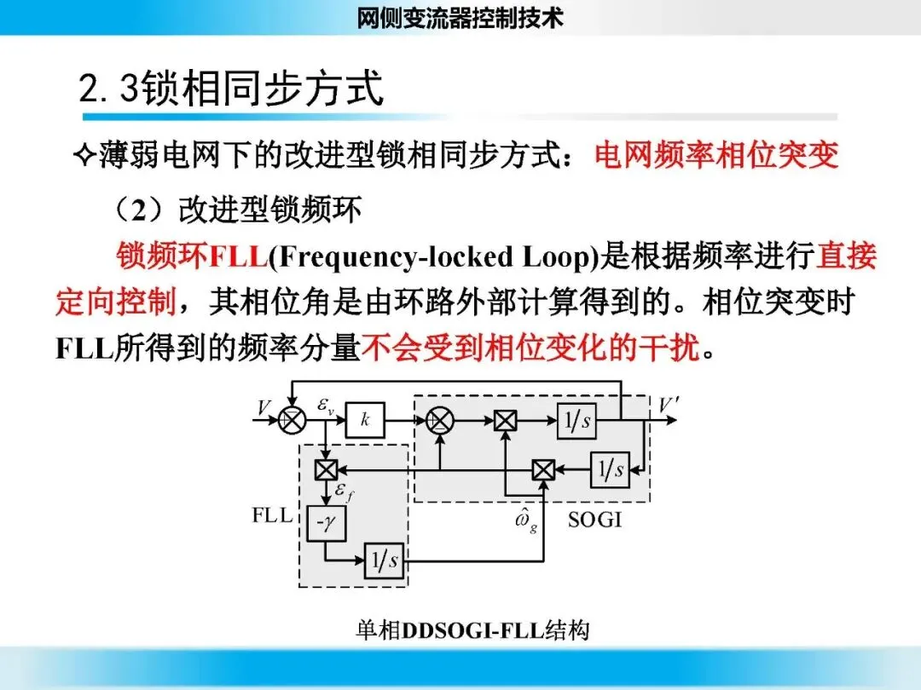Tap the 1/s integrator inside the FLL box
(384, 561)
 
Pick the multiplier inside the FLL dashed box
(326, 469)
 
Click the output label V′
(668, 405)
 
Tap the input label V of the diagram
(264, 408)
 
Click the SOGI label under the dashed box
(594, 519)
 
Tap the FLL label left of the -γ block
(272, 515)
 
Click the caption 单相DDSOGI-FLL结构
(472, 631)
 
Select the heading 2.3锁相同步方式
(231, 89)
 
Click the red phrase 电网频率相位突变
(716, 155)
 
